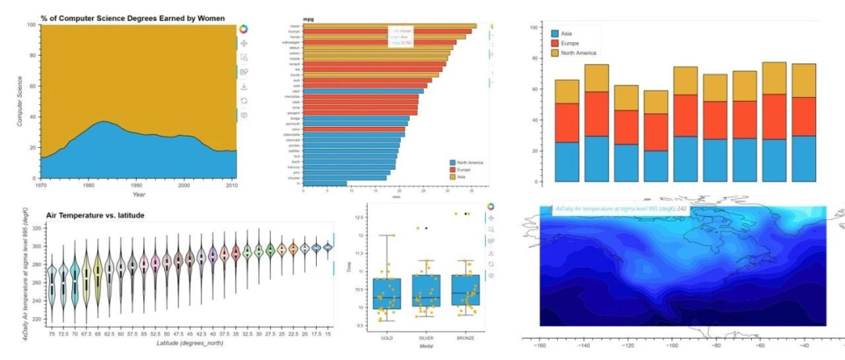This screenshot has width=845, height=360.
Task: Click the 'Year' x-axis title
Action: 138,194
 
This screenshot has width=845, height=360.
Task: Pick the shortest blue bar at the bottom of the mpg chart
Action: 324,183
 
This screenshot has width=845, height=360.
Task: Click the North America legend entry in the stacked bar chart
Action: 579,52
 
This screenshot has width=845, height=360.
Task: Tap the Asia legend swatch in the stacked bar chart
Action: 556,34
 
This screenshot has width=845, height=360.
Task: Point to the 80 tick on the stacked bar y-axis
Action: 534,58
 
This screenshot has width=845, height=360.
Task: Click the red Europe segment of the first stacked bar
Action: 567,123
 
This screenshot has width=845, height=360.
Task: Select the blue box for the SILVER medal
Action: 426,290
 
